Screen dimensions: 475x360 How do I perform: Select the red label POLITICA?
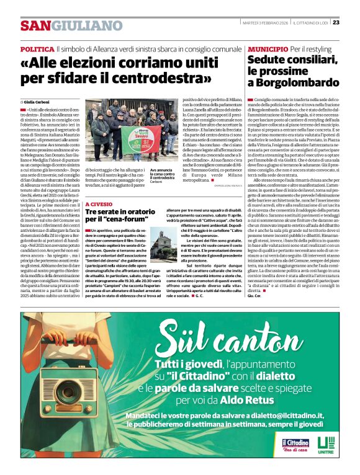[37, 49]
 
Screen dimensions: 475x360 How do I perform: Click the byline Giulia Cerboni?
[37, 101]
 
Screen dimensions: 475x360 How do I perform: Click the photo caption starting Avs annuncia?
[163, 176]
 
